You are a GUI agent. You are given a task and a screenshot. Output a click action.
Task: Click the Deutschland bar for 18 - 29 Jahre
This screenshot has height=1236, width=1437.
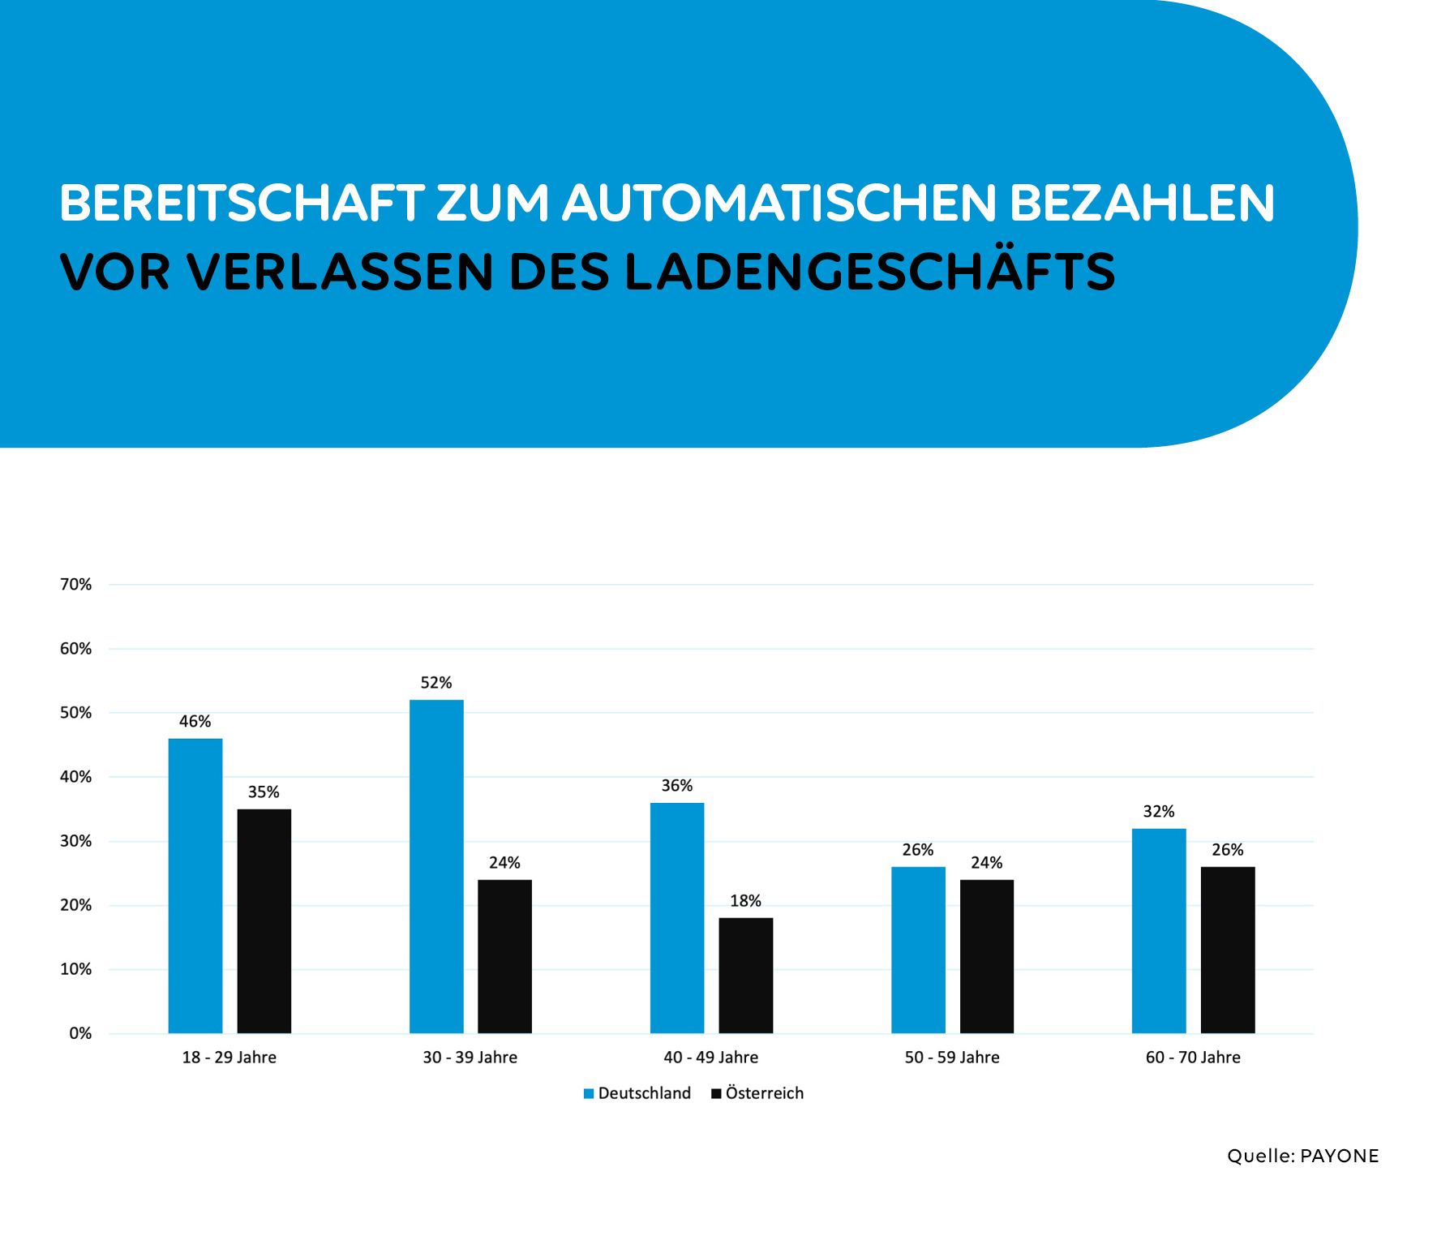[195, 886]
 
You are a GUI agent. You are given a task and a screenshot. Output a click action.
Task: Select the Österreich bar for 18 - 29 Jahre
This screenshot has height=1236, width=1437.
[264, 921]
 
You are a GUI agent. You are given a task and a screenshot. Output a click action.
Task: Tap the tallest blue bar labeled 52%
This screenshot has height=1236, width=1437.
[436, 866]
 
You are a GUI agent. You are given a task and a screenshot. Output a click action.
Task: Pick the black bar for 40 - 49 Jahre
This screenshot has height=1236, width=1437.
[746, 976]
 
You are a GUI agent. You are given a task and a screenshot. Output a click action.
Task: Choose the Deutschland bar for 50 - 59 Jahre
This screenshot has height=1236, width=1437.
[918, 950]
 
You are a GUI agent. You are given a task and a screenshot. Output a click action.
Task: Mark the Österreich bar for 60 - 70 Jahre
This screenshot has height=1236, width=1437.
[1228, 950]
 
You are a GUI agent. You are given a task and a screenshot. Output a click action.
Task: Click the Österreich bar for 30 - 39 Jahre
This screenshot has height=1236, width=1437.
[504, 956]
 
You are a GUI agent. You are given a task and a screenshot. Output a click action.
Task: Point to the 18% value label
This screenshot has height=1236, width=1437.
[745, 901]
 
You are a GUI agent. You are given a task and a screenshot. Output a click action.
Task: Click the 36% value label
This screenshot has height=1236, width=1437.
[677, 786]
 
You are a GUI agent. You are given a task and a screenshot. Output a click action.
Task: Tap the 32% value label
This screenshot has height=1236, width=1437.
[1159, 812]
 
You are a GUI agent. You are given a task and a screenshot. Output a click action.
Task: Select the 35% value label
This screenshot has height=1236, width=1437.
[264, 792]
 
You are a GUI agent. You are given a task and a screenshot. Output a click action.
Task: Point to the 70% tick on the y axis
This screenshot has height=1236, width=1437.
[76, 585]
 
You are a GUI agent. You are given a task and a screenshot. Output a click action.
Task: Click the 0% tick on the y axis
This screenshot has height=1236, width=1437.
[80, 1033]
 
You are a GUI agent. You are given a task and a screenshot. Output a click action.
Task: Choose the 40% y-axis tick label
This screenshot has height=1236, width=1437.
[76, 777]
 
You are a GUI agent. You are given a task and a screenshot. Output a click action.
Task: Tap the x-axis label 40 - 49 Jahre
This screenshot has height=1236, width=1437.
[711, 1058]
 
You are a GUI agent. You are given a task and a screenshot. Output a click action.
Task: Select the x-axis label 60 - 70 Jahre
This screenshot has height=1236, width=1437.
[1193, 1058]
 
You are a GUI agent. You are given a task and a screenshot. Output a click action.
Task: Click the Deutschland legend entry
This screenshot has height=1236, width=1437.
[637, 1093]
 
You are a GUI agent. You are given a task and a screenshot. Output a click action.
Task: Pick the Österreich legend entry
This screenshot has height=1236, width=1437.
[757, 1093]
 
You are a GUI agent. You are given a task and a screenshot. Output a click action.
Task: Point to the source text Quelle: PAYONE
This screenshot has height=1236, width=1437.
[1302, 1156]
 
